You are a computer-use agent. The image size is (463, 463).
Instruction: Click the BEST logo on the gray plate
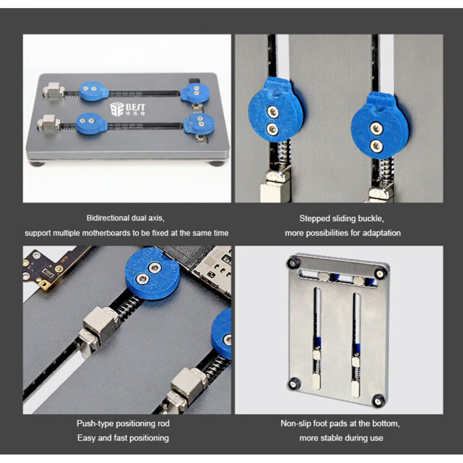point(128,109)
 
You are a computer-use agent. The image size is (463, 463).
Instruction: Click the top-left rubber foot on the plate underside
point(293,263)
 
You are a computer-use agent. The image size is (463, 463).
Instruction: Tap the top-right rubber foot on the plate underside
point(379,273)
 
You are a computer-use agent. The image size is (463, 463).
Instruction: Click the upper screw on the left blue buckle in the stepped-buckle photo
point(272,111)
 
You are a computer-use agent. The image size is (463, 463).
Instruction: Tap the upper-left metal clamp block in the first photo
point(54,90)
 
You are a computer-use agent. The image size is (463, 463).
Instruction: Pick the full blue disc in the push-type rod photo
point(152,274)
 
